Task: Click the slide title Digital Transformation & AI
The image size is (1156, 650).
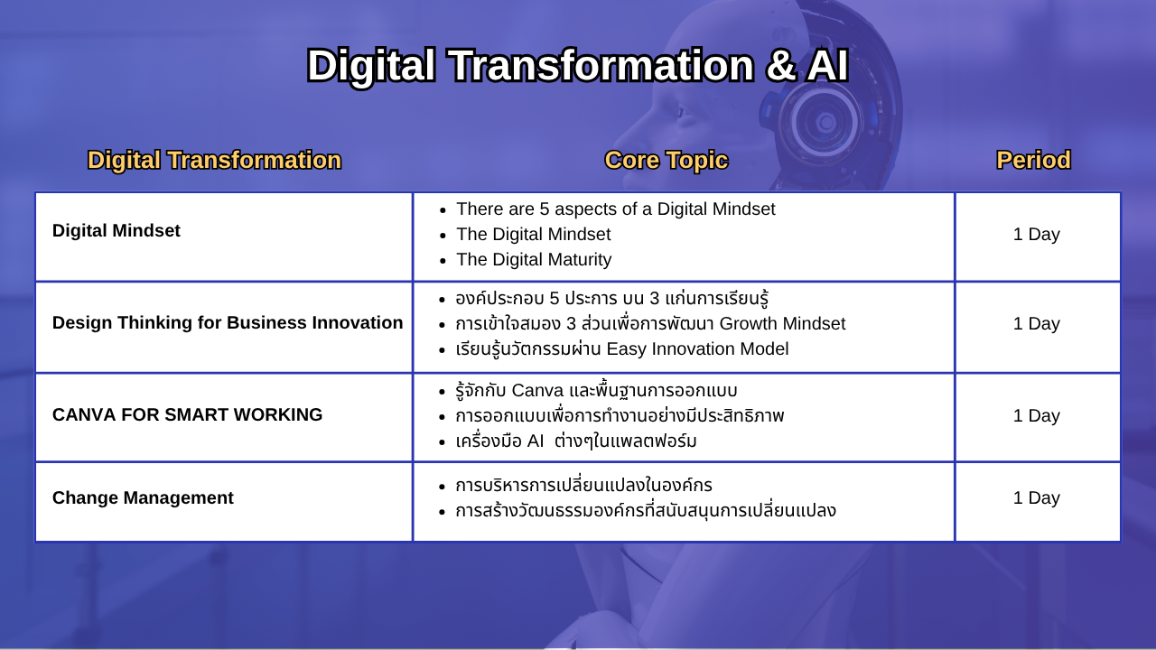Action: [577, 66]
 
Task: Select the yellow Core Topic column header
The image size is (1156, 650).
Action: [667, 161]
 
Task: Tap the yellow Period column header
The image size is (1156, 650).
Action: [1033, 160]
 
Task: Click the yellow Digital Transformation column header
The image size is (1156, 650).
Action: [214, 161]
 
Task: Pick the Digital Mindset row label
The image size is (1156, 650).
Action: [117, 230]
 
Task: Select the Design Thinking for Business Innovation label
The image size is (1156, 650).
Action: [228, 322]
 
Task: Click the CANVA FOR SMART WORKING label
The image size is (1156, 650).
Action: [187, 414]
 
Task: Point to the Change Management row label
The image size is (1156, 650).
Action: [143, 497]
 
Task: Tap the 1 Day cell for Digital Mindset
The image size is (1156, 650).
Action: [1036, 234]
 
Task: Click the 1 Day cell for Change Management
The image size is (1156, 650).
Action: [1036, 497]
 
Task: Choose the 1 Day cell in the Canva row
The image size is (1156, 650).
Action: [1036, 416]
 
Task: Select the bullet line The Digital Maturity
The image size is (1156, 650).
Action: [534, 259]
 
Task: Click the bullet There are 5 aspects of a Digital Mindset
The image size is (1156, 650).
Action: [616, 209]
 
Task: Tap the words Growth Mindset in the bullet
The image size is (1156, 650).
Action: [782, 323]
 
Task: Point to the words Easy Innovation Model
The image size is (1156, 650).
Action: [697, 348]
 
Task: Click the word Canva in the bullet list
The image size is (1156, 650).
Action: [537, 391]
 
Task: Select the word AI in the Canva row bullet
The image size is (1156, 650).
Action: [536, 441]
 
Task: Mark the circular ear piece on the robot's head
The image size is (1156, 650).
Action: [825, 123]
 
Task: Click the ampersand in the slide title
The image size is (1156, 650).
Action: [780, 66]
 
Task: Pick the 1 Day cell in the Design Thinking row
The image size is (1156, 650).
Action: [1036, 323]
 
